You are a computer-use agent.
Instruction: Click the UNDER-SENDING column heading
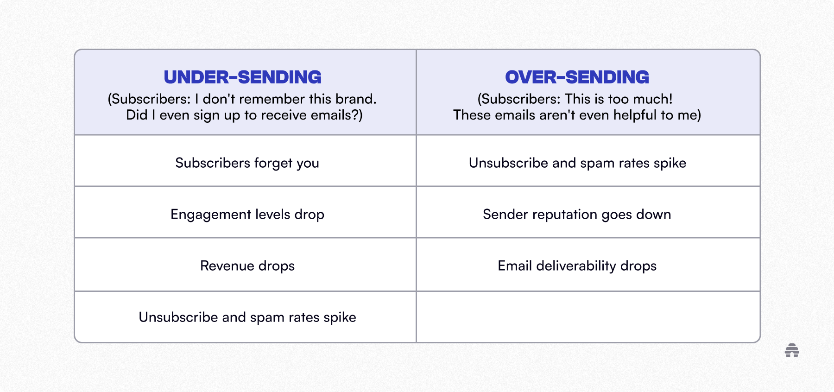242,77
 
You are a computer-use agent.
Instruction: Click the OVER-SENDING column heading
577,77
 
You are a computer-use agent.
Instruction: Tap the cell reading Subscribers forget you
247,163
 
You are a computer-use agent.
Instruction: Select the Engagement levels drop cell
247,215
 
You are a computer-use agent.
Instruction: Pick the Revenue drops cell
247,266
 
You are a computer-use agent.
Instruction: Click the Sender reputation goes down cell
577,215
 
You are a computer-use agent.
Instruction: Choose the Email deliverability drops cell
577,266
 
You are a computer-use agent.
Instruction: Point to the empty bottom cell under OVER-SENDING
588,317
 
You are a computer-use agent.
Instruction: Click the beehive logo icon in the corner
792,351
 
